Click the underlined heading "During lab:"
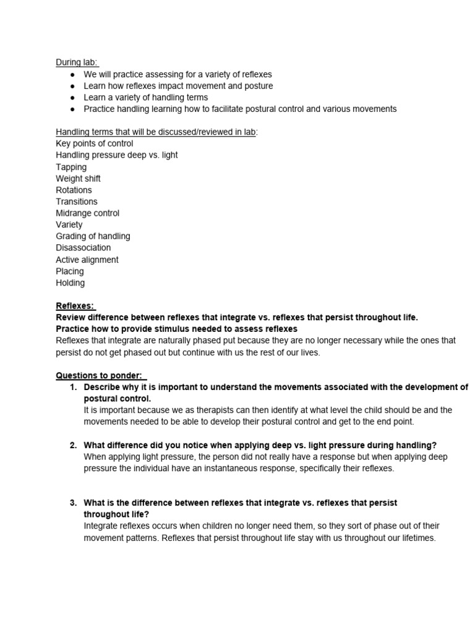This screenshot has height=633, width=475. (77, 62)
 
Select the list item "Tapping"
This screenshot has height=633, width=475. (71, 167)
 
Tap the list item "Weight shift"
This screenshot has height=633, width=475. (78, 179)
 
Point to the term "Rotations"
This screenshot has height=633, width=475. (74, 190)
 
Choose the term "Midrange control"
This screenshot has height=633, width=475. (87, 213)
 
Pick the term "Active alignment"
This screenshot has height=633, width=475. (87, 260)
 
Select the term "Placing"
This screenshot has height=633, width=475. (70, 271)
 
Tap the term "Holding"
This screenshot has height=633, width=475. (71, 283)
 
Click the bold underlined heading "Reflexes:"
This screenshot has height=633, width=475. (75, 306)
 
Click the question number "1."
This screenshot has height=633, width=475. (73, 387)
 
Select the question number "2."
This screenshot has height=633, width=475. (73, 445)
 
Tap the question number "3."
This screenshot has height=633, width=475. (73, 503)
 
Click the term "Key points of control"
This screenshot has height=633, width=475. (94, 143)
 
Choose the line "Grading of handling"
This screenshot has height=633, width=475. (93, 236)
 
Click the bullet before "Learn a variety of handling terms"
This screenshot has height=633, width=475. (72, 98)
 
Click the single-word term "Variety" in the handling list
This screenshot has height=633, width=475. (69, 225)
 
